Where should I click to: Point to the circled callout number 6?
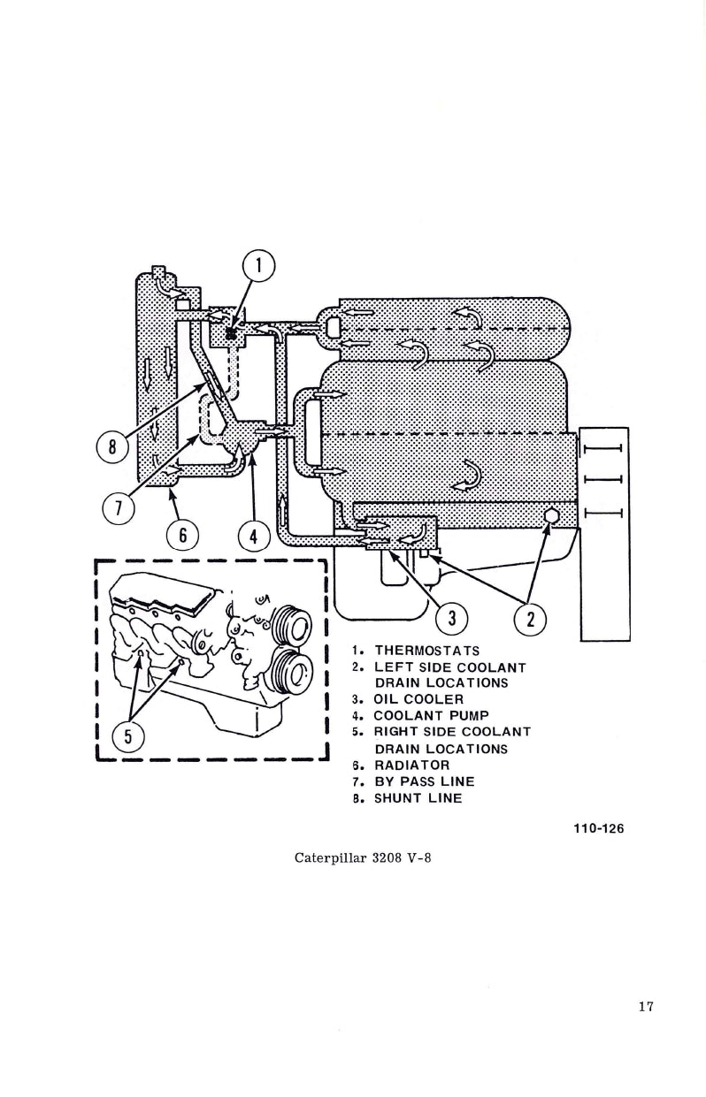point(183,535)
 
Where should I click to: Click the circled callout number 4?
point(254,535)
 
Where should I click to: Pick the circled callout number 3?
point(451,618)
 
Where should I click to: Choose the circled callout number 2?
point(530,618)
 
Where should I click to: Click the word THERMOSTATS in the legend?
point(426,651)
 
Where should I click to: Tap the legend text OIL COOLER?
point(418,699)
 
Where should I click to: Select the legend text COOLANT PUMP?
point(431,715)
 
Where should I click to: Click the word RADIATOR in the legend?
point(411,765)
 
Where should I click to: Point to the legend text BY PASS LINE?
point(424,781)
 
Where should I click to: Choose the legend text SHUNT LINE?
point(418,798)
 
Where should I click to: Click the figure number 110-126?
point(605,828)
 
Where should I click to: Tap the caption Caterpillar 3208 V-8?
point(363,857)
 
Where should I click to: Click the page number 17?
point(644,1006)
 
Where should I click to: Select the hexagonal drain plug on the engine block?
point(550,515)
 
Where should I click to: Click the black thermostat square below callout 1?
point(231,333)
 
